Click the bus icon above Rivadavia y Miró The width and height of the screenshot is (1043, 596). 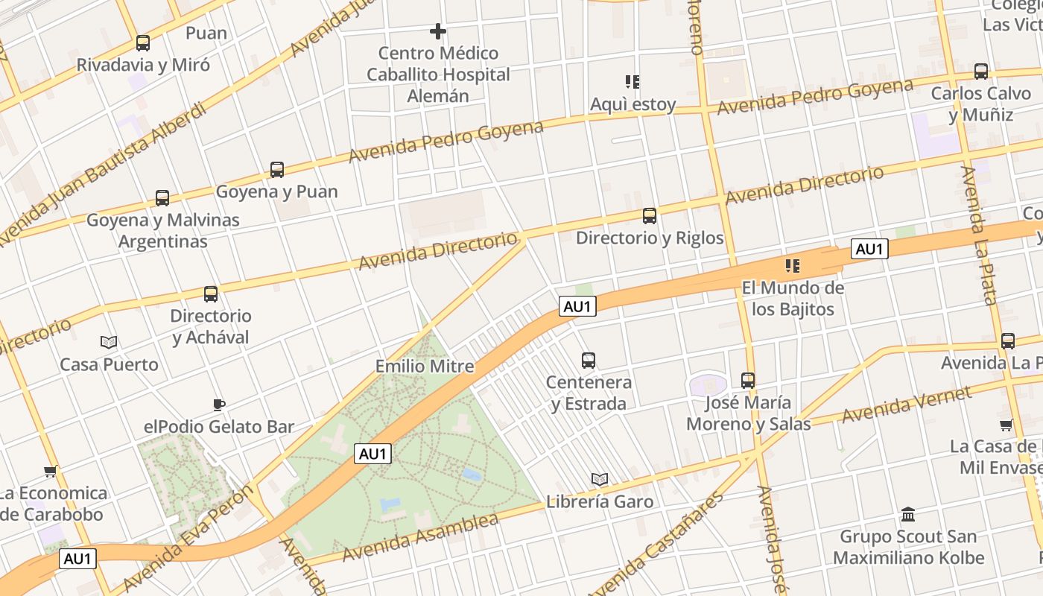pyautogui.click(x=143, y=43)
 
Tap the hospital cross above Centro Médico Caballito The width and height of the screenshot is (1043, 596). pyautogui.click(x=438, y=31)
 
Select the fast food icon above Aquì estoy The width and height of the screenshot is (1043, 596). pyautogui.click(x=633, y=82)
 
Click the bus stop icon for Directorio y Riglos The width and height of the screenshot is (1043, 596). pyautogui.click(x=650, y=216)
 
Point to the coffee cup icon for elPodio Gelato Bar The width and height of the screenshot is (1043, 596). pyautogui.click(x=218, y=405)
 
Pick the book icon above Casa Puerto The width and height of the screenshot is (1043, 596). pyautogui.click(x=109, y=342)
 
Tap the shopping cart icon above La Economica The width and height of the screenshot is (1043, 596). pyautogui.click(x=51, y=471)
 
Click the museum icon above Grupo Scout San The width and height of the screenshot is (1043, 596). pyautogui.click(x=908, y=514)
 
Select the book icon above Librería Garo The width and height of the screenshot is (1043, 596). pyautogui.click(x=600, y=479)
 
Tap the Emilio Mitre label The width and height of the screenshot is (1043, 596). pyautogui.click(x=425, y=366)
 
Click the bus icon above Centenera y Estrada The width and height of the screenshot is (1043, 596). pyautogui.click(x=589, y=361)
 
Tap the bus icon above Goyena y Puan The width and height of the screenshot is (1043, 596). pyautogui.click(x=277, y=170)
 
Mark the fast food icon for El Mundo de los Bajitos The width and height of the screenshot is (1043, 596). pyautogui.click(x=793, y=265)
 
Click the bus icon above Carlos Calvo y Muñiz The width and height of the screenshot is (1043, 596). pyautogui.click(x=981, y=72)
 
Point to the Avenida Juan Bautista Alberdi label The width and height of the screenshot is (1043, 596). pyautogui.click(x=104, y=175)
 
